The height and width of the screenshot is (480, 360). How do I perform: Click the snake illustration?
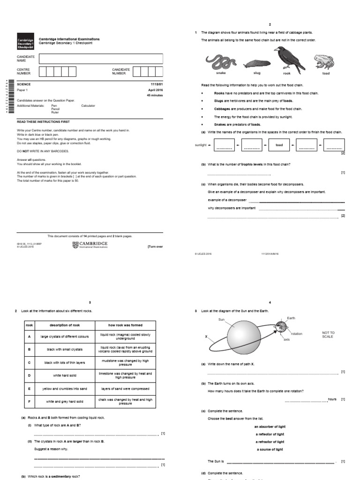point(220,61)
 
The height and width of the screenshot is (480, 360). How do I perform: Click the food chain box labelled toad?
point(279,145)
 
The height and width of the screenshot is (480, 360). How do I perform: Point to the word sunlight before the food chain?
point(200,145)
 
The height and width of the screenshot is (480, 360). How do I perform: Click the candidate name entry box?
point(101,59)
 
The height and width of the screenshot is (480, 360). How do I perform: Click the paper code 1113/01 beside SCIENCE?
point(156,84)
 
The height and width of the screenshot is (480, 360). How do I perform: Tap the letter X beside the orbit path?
point(206,337)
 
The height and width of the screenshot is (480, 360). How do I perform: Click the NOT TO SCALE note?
point(329,335)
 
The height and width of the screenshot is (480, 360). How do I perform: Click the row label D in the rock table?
point(29,375)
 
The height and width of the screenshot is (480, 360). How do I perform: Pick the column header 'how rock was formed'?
point(125,325)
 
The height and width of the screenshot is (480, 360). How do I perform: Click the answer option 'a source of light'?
point(270,449)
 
